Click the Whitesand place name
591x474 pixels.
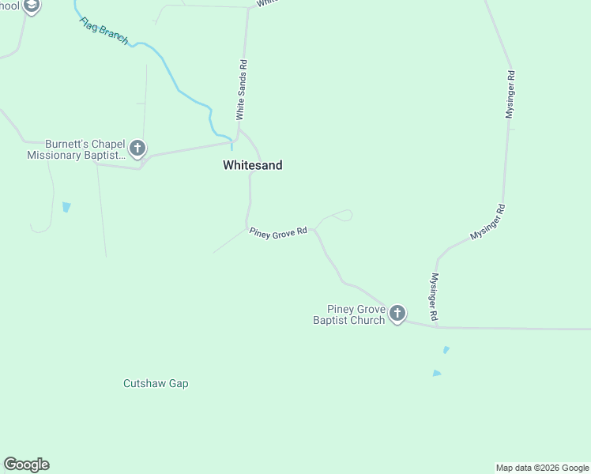point(252,166)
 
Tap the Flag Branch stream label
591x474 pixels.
point(104,31)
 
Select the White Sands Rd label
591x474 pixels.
point(243,90)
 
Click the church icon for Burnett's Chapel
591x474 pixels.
point(137,148)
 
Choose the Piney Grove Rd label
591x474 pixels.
point(278,233)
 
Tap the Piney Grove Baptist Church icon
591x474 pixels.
point(397,314)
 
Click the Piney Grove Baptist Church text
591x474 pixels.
point(349,314)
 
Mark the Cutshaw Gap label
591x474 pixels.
point(156,384)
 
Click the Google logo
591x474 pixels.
point(26,465)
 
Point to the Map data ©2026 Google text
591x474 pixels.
point(542,468)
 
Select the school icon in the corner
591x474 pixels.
point(31,7)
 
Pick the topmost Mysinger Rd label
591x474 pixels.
point(510,95)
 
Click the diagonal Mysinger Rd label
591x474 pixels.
point(487,222)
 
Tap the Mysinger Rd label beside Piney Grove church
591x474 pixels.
point(434,296)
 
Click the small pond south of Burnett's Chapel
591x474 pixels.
point(66,207)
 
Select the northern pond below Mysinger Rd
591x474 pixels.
point(446,349)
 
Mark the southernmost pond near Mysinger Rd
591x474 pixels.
point(437,373)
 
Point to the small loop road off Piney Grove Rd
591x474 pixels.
point(340,215)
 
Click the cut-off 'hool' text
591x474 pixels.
point(9,6)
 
